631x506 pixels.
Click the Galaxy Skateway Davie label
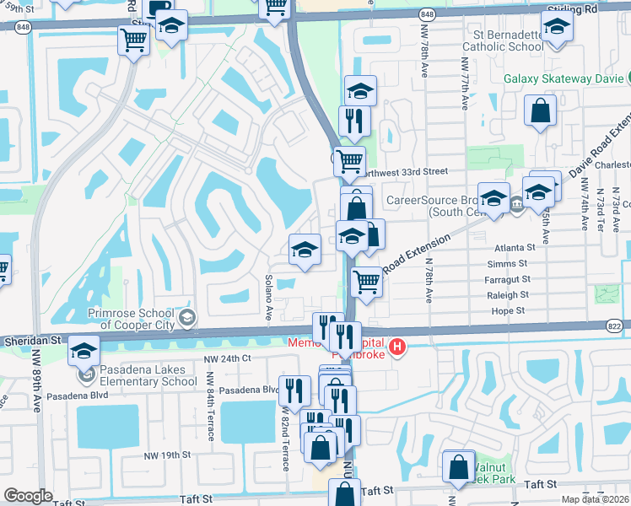tap(564, 78)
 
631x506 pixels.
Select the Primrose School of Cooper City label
tap(135, 317)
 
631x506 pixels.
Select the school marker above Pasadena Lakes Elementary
tap(84, 350)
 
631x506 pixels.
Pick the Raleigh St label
tap(507, 295)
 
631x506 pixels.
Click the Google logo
tap(28, 496)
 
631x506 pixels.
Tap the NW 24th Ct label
tap(229, 358)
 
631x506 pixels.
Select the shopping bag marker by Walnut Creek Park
tap(457, 468)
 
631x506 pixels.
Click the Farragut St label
tap(508, 279)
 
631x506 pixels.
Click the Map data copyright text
tap(594, 499)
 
